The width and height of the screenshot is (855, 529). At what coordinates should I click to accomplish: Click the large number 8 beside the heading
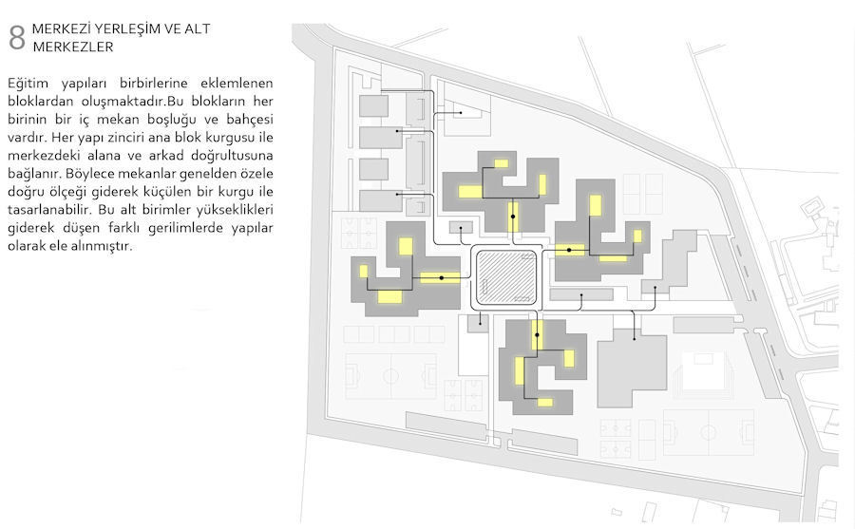[17, 38]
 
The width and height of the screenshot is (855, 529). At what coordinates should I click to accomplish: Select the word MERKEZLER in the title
[73, 47]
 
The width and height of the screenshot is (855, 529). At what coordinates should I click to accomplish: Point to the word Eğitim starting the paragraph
[28, 84]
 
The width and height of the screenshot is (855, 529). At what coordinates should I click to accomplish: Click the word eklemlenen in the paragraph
[237, 84]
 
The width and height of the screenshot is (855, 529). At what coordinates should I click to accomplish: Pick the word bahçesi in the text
[250, 120]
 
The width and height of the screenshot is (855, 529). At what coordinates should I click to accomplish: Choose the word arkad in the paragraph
[165, 156]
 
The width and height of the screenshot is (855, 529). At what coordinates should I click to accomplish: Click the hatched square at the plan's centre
[506, 277]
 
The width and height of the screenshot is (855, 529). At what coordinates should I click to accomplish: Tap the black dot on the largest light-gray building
[635, 339]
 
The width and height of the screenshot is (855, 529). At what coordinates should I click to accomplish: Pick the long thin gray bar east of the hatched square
[581, 295]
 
